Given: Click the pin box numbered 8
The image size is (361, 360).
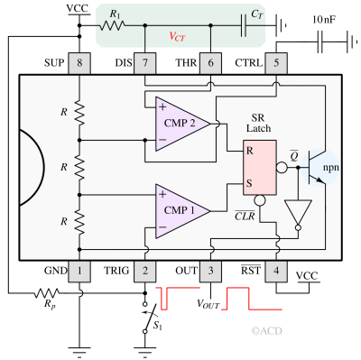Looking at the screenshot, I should pyautogui.click(x=79, y=63).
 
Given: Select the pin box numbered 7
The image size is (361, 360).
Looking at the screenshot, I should pyautogui.click(x=144, y=63).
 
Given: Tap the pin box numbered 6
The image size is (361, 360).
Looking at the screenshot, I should pyautogui.click(x=210, y=63).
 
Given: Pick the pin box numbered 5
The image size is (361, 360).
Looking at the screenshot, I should pyautogui.click(x=275, y=63).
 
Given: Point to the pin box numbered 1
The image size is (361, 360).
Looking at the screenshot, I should pyautogui.click(x=79, y=270).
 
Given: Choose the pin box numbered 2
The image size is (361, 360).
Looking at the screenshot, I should pyautogui.click(x=144, y=270).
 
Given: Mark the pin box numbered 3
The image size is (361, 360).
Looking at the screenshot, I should pyautogui.click(x=210, y=270).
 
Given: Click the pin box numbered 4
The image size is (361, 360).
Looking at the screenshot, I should pyautogui.click(x=275, y=270).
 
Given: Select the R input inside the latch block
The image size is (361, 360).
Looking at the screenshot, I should pyautogui.click(x=250, y=151).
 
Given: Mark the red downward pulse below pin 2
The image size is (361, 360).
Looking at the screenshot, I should pyautogui.click(x=164, y=300).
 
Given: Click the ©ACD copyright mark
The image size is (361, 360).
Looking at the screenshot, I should pyautogui.click(x=266, y=331).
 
